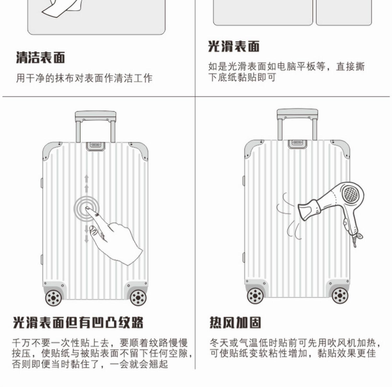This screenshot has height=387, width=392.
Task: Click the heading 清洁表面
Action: (x=41, y=58)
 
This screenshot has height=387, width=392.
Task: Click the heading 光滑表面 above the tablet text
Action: (x=234, y=47)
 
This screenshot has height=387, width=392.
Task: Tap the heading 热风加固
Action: (x=235, y=322)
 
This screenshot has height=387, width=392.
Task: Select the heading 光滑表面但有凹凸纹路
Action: (x=78, y=322)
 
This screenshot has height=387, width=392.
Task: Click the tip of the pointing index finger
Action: (x=88, y=208)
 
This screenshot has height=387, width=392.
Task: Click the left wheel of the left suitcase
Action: (x=54, y=298)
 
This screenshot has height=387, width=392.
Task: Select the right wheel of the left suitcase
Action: (x=138, y=298)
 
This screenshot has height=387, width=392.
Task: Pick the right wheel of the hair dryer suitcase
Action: (x=340, y=296)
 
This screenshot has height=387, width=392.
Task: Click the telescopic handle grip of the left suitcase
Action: (x=96, y=116)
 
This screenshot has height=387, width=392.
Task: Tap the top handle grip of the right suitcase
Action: (x=297, y=114)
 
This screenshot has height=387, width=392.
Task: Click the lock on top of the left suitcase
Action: (x=96, y=146)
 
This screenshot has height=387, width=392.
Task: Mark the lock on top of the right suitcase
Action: (x=297, y=143)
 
